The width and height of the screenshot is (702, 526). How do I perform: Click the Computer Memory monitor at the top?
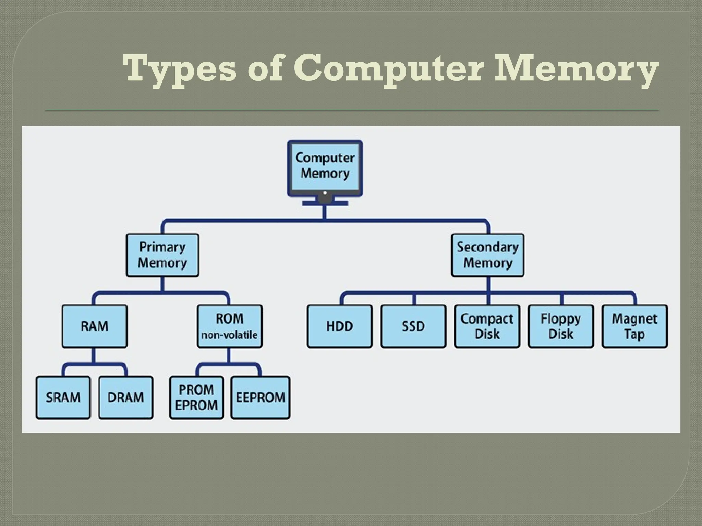(x=325, y=167)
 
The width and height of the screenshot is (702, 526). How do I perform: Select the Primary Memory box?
(x=162, y=255)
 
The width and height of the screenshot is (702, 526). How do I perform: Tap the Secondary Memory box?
(x=487, y=255)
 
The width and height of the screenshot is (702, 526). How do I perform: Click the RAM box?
(x=94, y=326)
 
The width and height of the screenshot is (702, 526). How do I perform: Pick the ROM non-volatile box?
(x=229, y=326)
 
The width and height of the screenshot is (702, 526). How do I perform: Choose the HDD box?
(x=339, y=326)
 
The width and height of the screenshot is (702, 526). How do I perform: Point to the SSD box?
(x=413, y=326)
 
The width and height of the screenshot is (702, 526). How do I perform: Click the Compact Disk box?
(x=487, y=326)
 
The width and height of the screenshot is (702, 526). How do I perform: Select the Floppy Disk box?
(x=561, y=326)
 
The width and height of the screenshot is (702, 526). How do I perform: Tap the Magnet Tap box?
(x=634, y=326)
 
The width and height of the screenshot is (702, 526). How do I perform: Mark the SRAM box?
(x=63, y=398)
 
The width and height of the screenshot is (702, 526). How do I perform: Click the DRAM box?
(x=125, y=398)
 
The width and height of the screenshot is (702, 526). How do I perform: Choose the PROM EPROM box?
(x=196, y=398)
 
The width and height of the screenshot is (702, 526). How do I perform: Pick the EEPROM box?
(x=260, y=398)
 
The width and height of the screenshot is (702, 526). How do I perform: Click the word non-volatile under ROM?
(x=229, y=335)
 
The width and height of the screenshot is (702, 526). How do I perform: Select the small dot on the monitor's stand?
(x=325, y=193)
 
